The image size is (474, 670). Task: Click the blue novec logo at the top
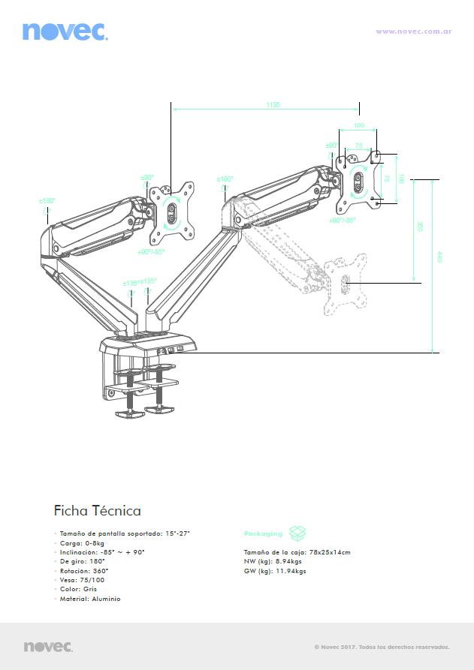click(x=65, y=32)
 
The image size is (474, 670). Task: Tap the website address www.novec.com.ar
click(x=413, y=32)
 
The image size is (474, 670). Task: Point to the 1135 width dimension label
click(x=273, y=105)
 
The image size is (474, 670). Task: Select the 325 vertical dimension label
click(x=420, y=227)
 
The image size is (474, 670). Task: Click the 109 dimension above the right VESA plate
click(x=359, y=126)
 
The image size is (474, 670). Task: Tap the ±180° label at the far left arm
click(x=47, y=201)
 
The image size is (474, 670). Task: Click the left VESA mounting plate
click(x=172, y=211)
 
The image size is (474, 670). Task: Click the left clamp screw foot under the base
click(x=128, y=411)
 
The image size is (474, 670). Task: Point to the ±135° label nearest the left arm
click(x=130, y=283)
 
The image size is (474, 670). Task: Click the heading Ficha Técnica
click(x=98, y=511)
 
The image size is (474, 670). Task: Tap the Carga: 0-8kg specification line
click(x=82, y=543)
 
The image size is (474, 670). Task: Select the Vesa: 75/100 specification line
click(x=82, y=580)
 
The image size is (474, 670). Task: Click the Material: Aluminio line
click(x=90, y=599)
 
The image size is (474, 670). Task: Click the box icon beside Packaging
click(x=298, y=533)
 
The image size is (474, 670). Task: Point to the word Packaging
click(x=263, y=533)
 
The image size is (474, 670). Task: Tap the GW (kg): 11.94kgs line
click(x=275, y=571)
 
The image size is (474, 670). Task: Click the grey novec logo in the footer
click(x=48, y=646)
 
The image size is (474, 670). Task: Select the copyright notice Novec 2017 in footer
click(x=382, y=646)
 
